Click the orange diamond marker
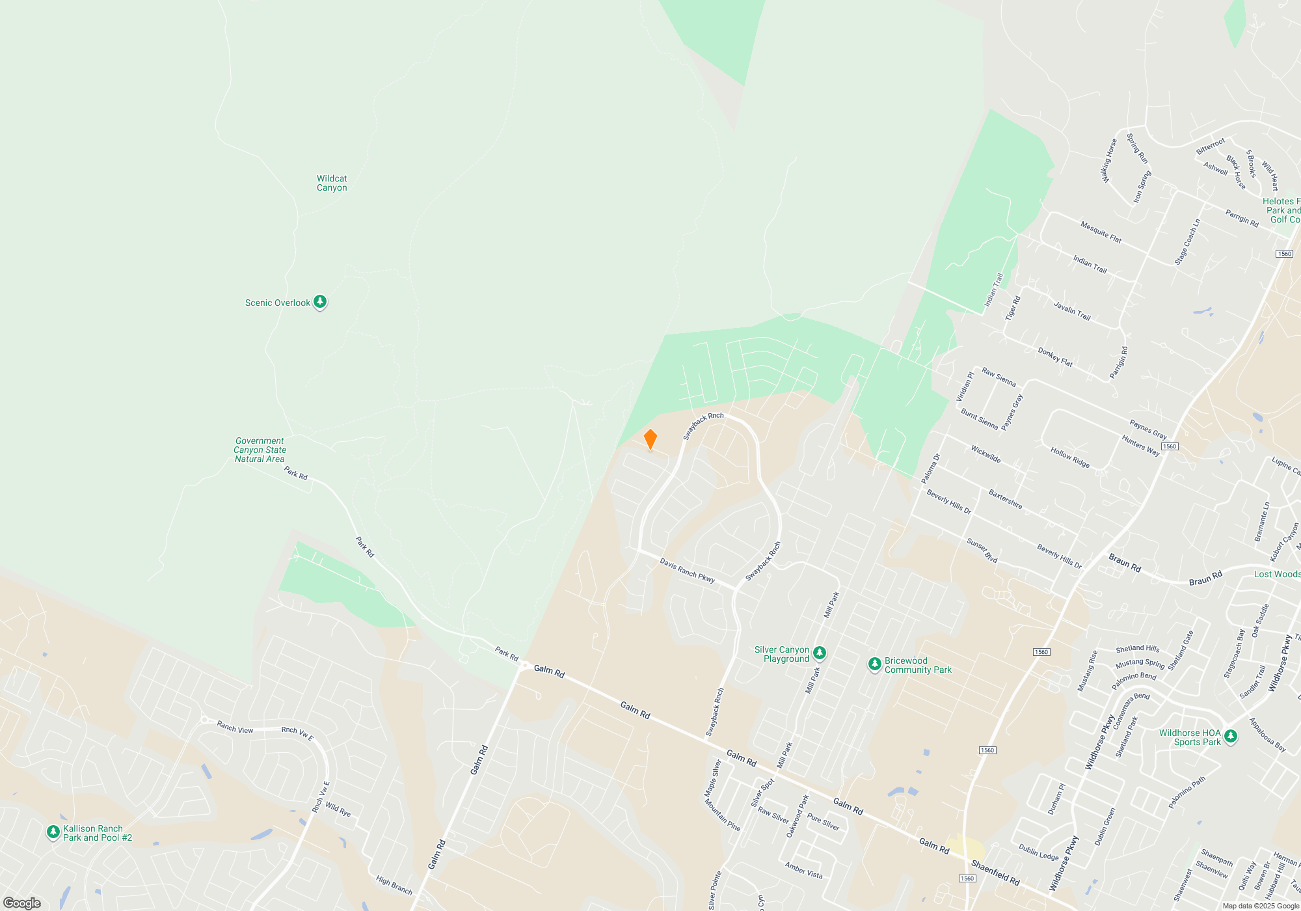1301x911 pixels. [x=650, y=439]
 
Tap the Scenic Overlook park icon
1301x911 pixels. [x=319, y=301]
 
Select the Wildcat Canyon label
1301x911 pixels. [x=332, y=183]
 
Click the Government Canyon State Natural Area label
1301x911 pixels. [x=260, y=450]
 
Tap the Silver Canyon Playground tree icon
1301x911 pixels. [x=820, y=652]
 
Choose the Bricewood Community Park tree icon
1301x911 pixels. [x=875, y=664]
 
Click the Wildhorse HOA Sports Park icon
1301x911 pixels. [x=1230, y=736]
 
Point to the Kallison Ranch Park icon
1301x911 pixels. [x=53, y=832]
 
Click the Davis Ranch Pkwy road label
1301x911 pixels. [x=687, y=570]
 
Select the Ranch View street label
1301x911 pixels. [x=235, y=727]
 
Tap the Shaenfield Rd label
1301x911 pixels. [x=995, y=872]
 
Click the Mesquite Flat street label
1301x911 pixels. [x=1101, y=232]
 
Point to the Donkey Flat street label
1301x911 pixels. [x=1055, y=357]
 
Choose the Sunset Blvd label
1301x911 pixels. [x=982, y=550]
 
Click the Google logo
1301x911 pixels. [x=22, y=903]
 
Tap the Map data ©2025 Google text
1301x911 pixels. [x=1260, y=906]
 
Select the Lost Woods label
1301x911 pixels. [x=1277, y=574]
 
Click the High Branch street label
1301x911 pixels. [x=394, y=884]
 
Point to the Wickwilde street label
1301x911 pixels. [x=986, y=454]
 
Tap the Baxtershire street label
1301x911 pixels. [x=1005, y=499]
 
